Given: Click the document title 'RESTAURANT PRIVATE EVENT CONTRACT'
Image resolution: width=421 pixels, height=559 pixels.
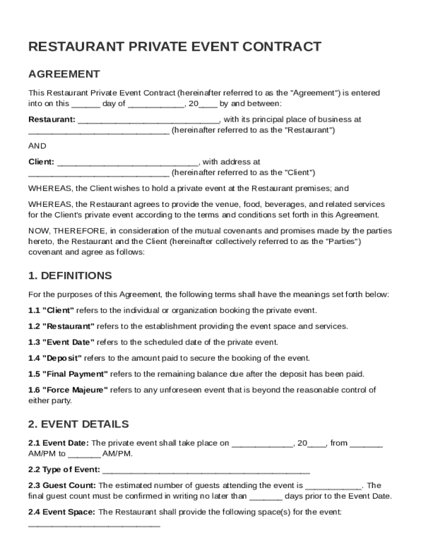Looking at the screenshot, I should coord(174,47).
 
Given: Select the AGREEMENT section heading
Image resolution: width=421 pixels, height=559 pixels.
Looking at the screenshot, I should coord(64,74).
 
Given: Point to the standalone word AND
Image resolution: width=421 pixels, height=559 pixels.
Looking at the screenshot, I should coord(37,146).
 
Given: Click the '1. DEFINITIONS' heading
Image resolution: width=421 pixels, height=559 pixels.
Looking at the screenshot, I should coord(70,275).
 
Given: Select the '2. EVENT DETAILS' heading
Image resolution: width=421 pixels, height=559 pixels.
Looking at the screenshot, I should coord(78,424).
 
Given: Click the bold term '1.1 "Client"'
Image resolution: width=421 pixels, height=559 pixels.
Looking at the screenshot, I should coord(51,311).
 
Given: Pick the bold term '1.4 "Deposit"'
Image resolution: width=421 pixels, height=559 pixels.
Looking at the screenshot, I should coord(55,358).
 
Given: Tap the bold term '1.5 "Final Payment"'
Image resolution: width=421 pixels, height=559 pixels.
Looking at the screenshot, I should coord(68,374).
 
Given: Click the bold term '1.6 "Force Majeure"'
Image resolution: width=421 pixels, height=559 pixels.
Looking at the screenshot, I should coord(68,390).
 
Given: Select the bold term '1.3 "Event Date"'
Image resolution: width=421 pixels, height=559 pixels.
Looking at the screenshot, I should coord(61,342).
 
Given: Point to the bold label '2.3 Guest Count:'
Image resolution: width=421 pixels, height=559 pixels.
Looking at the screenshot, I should coord(62,485).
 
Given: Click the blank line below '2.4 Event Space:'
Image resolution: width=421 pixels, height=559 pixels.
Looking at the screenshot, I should coord(94,525).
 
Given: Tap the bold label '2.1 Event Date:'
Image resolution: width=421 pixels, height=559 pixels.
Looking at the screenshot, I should coord(59,443).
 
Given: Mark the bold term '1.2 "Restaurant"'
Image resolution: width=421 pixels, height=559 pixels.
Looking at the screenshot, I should coord(61,326).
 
